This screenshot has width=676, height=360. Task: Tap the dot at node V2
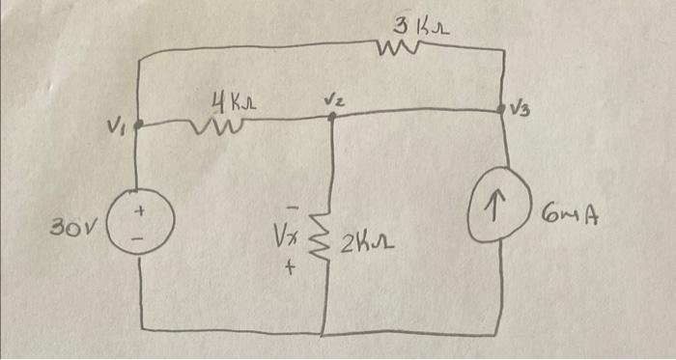331,116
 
